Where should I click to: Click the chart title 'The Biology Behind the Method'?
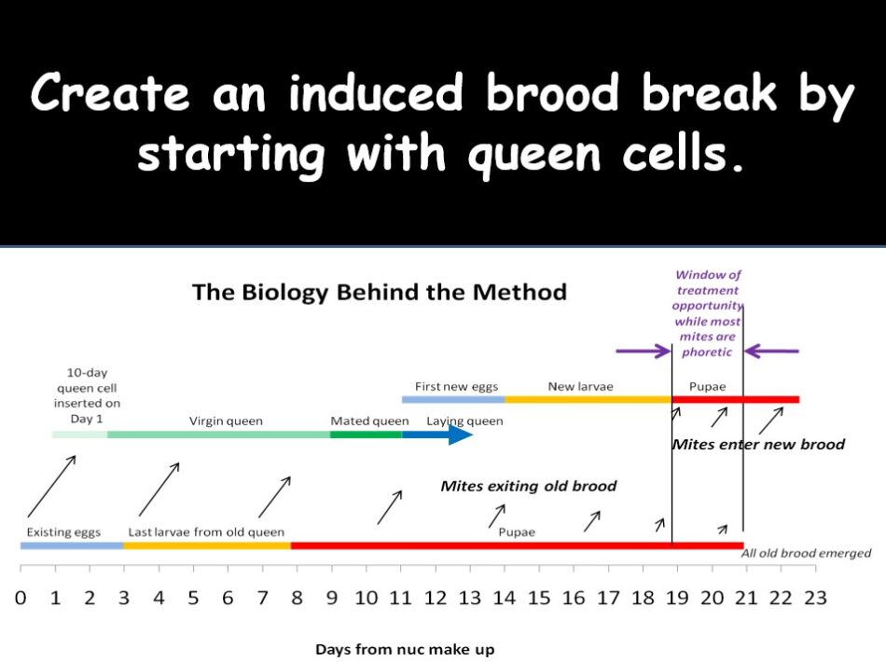tap(379, 292)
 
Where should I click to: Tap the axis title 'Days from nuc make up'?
tap(405, 649)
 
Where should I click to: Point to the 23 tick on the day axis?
tap(815, 599)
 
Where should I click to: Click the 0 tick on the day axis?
tap(21, 599)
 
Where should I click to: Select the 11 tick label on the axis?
tap(400, 599)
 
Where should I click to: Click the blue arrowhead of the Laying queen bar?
tap(461, 434)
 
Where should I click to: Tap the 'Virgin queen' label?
tap(226, 421)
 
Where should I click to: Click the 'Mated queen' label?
tap(369, 421)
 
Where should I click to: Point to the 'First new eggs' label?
tap(456, 386)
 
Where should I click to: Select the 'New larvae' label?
tap(580, 386)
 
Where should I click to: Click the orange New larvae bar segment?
tap(588, 399)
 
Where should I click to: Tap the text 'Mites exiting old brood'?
tap(528, 486)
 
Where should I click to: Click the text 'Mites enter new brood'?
tap(758, 444)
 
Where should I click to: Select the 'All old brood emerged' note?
tap(806, 553)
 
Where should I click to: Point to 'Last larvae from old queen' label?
tap(206, 532)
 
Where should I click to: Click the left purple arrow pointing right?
tap(643, 352)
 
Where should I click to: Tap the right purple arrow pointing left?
tap(772, 352)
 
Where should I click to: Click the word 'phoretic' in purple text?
tap(707, 352)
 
